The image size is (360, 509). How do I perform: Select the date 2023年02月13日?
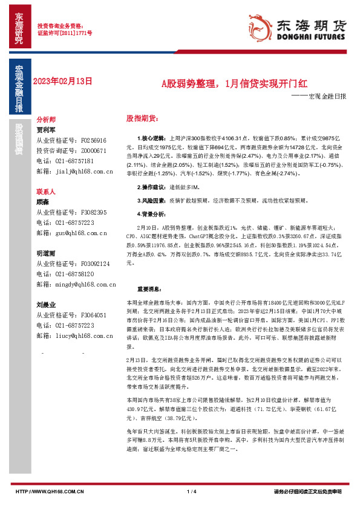[x=64, y=80]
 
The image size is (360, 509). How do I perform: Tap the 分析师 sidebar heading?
[x=47, y=120]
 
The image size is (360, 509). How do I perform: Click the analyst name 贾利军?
[x=46, y=129]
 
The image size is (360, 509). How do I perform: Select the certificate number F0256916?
[x=93, y=140]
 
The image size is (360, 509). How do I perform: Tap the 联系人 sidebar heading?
[x=47, y=191]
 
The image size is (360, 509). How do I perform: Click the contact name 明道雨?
[x=46, y=253]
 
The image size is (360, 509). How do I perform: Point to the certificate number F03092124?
[x=94, y=264]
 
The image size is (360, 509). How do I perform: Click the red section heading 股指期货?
[x=142, y=117]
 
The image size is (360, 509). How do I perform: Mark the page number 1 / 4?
[x=192, y=491]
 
